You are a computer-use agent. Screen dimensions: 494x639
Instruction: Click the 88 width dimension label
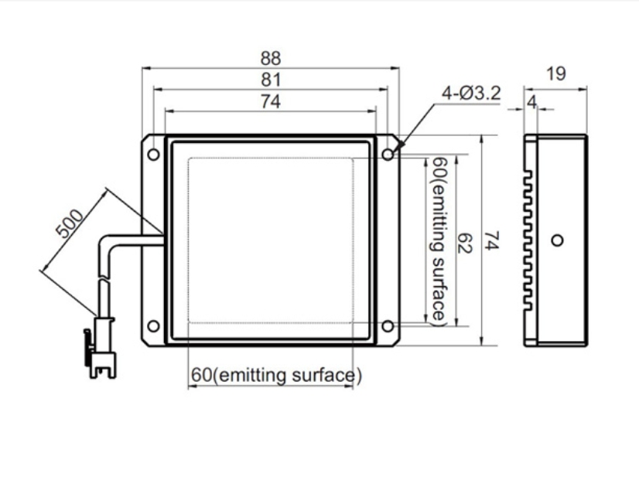tap(270, 58)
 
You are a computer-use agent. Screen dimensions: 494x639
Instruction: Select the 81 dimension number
tap(270, 80)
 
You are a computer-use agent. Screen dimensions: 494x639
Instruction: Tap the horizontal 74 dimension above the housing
tap(270, 101)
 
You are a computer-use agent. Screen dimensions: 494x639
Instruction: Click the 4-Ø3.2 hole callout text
tap(471, 94)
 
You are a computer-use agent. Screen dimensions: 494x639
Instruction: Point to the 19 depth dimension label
tap(555, 74)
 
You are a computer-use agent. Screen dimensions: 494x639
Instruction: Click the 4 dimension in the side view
tap(531, 101)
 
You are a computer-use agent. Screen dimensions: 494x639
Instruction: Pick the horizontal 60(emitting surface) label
tap(276, 376)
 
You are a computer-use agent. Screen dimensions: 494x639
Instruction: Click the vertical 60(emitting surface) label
tap(437, 240)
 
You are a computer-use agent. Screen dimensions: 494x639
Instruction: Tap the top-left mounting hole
tap(153, 155)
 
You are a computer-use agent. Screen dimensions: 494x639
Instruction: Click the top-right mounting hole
tap(388, 155)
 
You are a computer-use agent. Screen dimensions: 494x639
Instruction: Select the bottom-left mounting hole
tap(153, 325)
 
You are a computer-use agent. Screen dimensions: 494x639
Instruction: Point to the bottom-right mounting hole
tap(388, 325)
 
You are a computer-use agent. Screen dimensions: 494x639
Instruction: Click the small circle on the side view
tap(556, 240)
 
